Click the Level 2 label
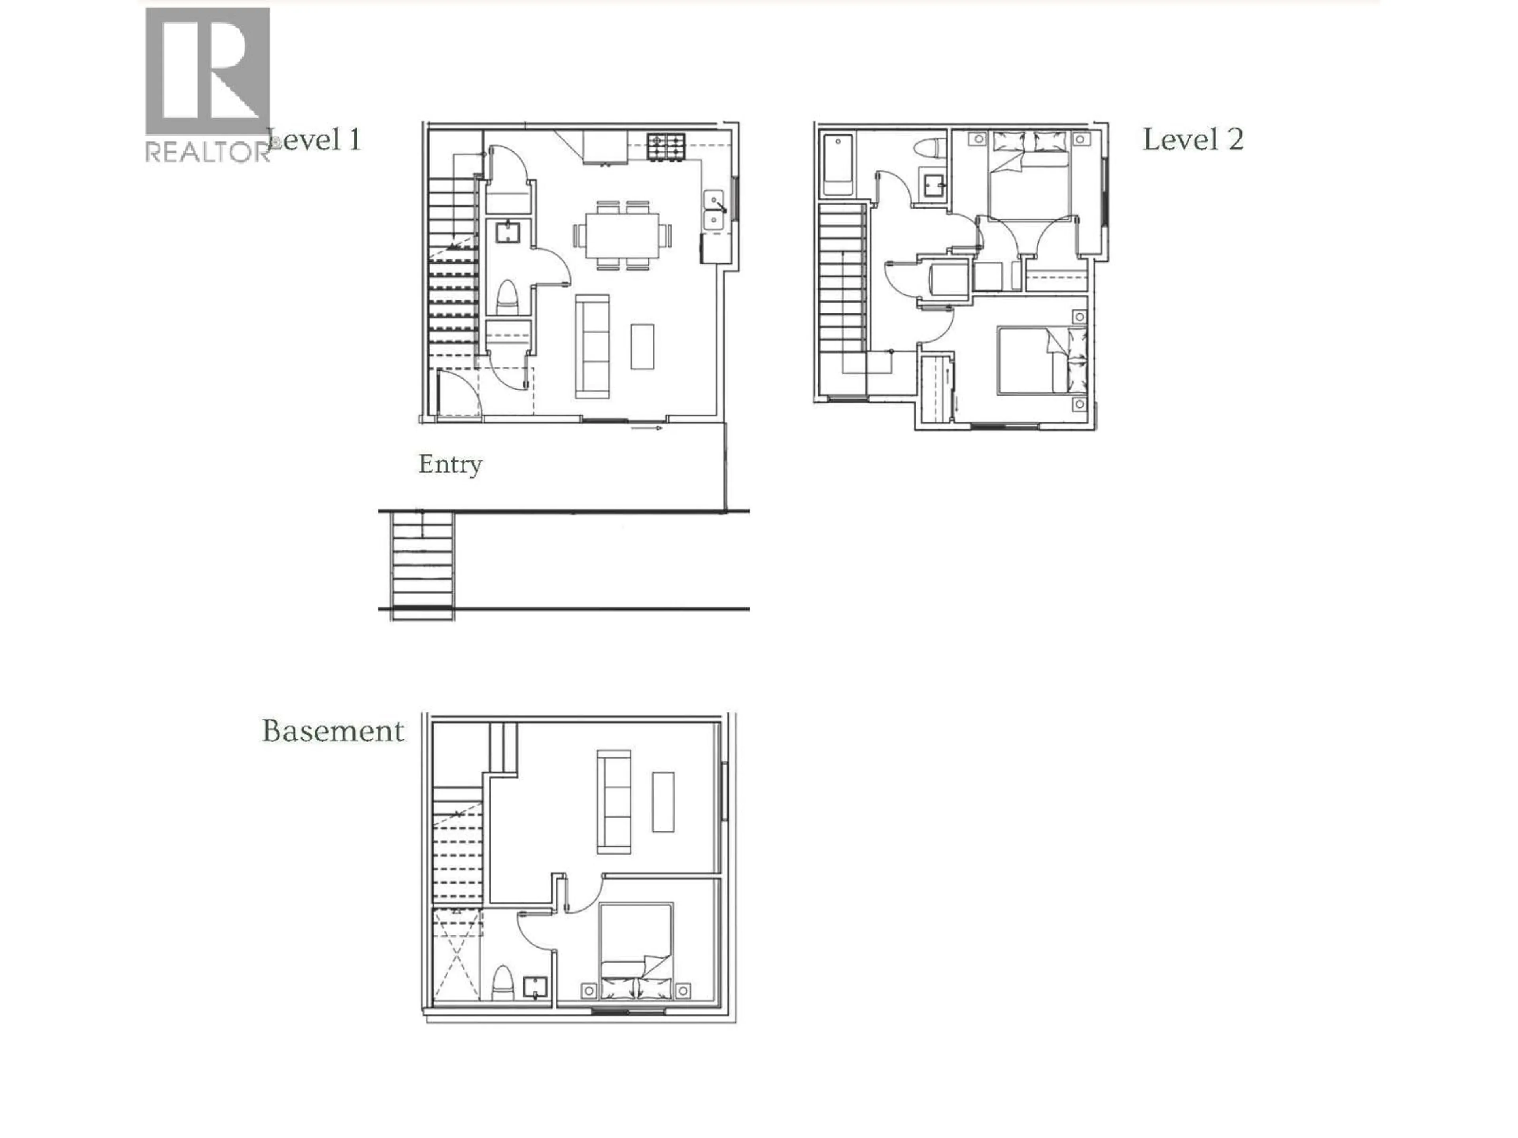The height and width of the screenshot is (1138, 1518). click(x=1193, y=140)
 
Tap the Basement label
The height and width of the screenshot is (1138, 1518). click(x=333, y=731)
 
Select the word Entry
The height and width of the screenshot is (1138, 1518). click(x=450, y=464)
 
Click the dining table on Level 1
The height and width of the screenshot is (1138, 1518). click(x=623, y=235)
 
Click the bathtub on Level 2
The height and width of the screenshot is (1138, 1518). click(x=838, y=165)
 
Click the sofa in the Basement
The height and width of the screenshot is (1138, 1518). click(x=614, y=801)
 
